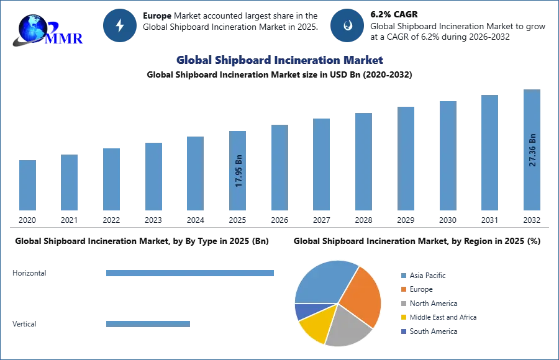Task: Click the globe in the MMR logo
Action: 31,27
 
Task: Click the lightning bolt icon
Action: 120,25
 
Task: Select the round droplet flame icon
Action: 347,25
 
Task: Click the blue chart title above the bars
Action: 280,60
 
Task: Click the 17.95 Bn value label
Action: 239,171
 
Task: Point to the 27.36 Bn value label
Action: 532,149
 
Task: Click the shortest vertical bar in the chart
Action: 27,186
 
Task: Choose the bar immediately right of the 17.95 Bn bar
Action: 278,168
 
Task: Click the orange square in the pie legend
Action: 403,289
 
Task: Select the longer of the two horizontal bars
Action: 191,273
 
